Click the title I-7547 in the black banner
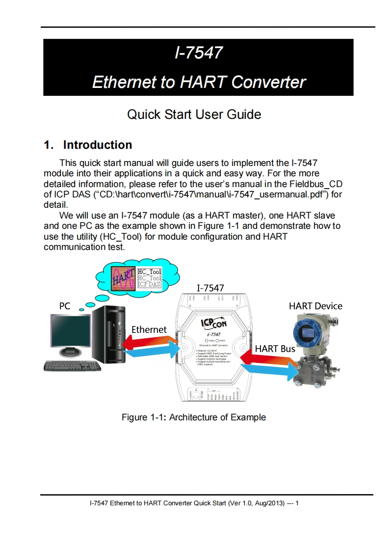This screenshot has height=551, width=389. click(x=198, y=52)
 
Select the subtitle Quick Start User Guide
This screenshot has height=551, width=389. click(x=194, y=114)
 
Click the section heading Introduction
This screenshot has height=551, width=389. click(x=98, y=145)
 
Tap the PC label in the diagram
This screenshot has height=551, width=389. click(x=64, y=306)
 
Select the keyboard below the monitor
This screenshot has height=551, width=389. click(x=72, y=365)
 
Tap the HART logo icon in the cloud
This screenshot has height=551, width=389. click(x=122, y=278)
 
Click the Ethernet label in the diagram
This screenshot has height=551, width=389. click(x=149, y=330)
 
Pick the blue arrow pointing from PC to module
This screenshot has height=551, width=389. click(x=150, y=352)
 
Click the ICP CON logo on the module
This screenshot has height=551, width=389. click(x=214, y=324)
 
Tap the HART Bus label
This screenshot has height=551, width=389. click(x=275, y=349)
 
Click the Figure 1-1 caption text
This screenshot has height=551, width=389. click(x=194, y=417)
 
